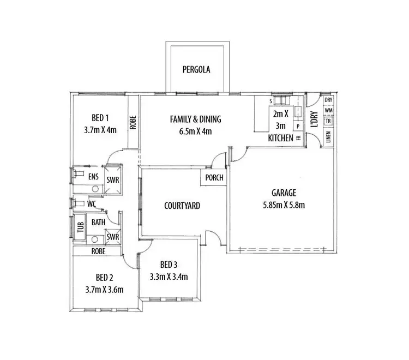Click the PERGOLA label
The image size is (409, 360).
point(196,70)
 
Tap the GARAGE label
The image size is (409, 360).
point(284,193)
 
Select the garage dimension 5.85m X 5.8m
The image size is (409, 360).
point(284,205)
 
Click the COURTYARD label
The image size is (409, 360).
point(182,206)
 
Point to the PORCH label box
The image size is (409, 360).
point(213,178)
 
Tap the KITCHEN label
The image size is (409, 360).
point(280,139)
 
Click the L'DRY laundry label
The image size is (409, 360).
point(314,119)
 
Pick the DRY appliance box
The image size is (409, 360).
point(328,100)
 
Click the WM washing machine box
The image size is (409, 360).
point(328,111)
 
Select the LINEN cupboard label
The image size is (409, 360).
point(328,136)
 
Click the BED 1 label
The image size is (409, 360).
point(100,117)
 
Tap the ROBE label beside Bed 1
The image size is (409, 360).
point(133,123)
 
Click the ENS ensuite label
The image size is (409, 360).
point(93,177)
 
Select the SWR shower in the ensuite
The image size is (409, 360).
point(113,179)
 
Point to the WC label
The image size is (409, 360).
point(92,203)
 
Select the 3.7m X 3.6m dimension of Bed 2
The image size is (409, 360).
point(105,289)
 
